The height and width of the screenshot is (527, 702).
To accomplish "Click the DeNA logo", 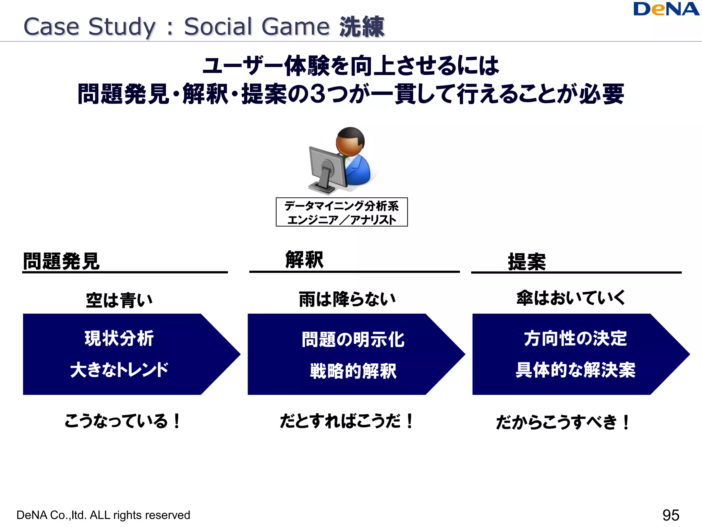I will [x=666, y=9].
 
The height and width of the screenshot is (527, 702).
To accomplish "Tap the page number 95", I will [x=670, y=515].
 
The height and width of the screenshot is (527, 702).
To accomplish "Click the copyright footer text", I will [x=103, y=515].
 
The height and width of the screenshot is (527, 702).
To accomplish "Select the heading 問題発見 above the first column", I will [x=61, y=261].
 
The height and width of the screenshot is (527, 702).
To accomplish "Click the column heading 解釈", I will [x=304, y=260].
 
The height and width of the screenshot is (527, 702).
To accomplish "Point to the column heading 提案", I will [x=527, y=262].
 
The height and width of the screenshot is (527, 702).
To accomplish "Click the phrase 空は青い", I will [x=119, y=300].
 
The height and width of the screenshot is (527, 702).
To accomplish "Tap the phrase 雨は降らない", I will [x=347, y=299].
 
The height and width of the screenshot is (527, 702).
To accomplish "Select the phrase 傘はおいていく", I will [x=571, y=298].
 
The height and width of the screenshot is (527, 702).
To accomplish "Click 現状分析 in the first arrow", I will [x=119, y=338].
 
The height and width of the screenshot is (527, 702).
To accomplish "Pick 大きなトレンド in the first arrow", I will [x=119, y=370].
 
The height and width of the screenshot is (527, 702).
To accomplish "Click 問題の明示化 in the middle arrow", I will [x=353, y=340].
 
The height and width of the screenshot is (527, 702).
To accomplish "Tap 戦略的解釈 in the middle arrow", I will [x=353, y=371].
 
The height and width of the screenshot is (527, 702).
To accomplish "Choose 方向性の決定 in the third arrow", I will [x=575, y=338].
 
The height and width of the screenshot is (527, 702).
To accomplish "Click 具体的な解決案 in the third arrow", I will [x=575, y=370].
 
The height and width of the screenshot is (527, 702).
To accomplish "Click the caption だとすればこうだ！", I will [x=347, y=421].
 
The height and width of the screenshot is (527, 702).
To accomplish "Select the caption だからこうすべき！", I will [x=562, y=422].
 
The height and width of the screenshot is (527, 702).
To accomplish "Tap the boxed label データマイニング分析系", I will [x=342, y=206].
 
